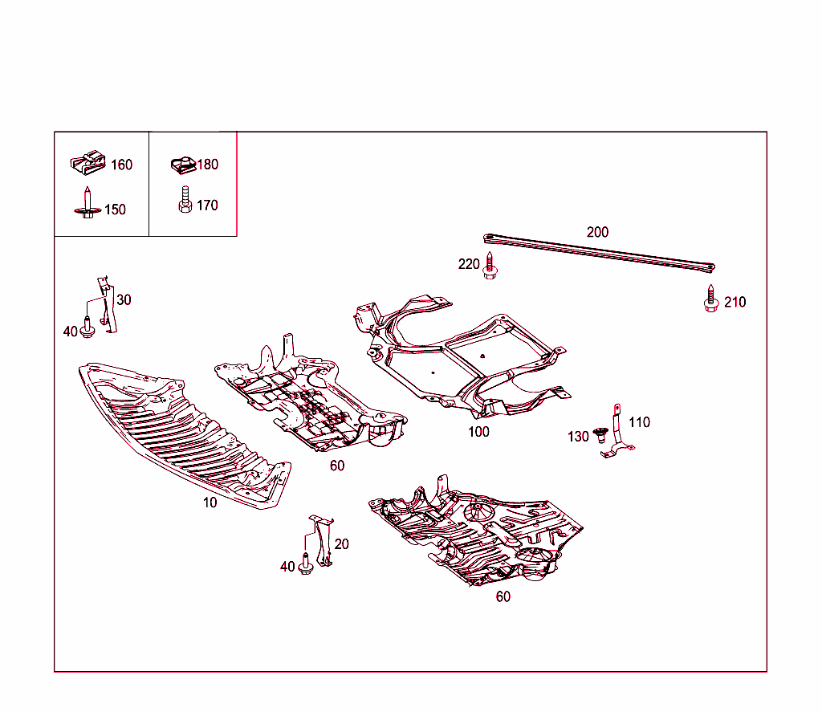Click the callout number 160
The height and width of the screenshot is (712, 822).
[x=121, y=165]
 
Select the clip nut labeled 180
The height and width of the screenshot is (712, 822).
[x=183, y=165]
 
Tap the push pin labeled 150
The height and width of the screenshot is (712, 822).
[x=87, y=203]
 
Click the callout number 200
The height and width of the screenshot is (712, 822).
[x=597, y=232]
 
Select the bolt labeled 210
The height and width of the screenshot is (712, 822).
[x=710, y=299]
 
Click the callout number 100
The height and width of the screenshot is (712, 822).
[x=478, y=432]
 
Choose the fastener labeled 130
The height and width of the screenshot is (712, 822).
[x=598, y=436]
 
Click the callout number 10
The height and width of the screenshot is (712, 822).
[x=210, y=502]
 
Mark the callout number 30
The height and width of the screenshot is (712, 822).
[x=124, y=300]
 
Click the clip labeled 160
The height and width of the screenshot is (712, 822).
[x=88, y=163]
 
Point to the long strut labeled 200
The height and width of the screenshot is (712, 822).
[x=598, y=250]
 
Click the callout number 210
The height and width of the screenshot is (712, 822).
[x=735, y=302]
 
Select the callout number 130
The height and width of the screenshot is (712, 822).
[x=578, y=437]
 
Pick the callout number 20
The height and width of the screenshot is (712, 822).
[x=342, y=544]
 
